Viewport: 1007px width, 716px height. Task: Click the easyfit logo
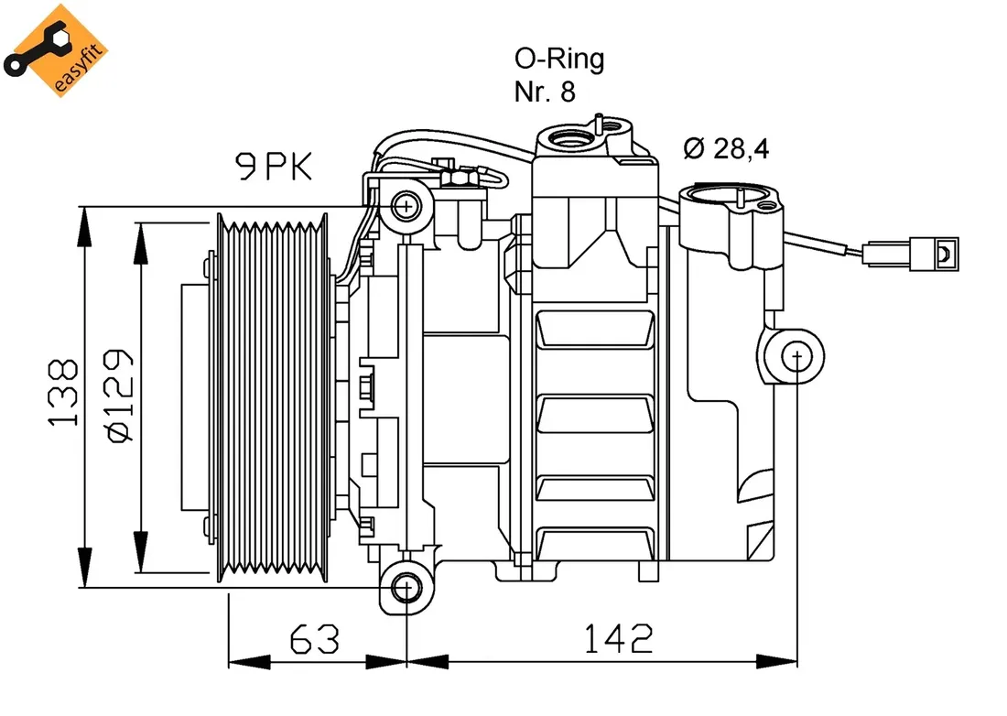(57, 50)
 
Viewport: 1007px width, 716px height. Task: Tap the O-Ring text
(558, 60)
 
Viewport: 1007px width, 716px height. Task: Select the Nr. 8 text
(545, 92)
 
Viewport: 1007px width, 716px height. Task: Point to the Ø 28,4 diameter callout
(726, 148)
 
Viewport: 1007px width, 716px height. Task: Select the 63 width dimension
(314, 638)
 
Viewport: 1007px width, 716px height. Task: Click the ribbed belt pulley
(272, 396)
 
